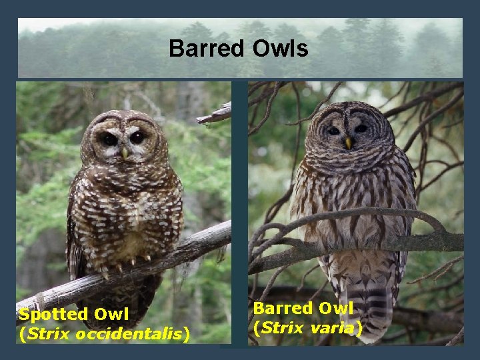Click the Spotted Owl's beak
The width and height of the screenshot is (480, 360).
tap(125, 153)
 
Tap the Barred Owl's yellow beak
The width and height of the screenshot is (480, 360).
tap(348, 143)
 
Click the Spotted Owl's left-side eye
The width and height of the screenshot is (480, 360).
tap(109, 139)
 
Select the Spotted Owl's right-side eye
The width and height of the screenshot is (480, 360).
tap(138, 137)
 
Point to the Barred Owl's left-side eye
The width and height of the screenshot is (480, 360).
tap(333, 131)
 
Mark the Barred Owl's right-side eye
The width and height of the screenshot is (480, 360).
tap(361, 129)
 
